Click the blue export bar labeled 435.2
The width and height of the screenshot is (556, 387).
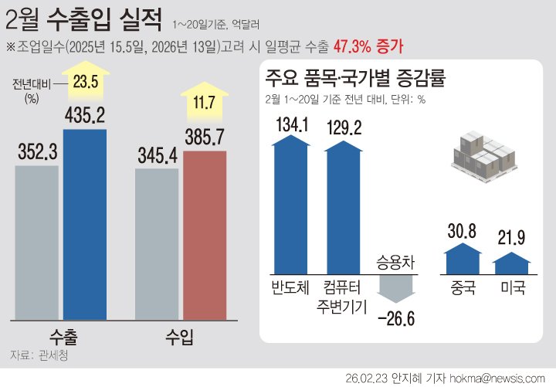(x=85, y=224)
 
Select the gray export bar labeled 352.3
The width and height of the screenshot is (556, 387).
(x=37, y=242)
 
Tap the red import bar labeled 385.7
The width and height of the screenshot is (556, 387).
(x=205, y=235)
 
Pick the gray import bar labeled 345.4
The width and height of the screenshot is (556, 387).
(x=157, y=243)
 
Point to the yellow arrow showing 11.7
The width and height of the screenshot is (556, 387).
(x=204, y=100)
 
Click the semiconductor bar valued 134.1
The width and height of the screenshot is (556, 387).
(x=290, y=205)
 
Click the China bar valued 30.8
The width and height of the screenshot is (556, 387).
(x=463, y=260)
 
